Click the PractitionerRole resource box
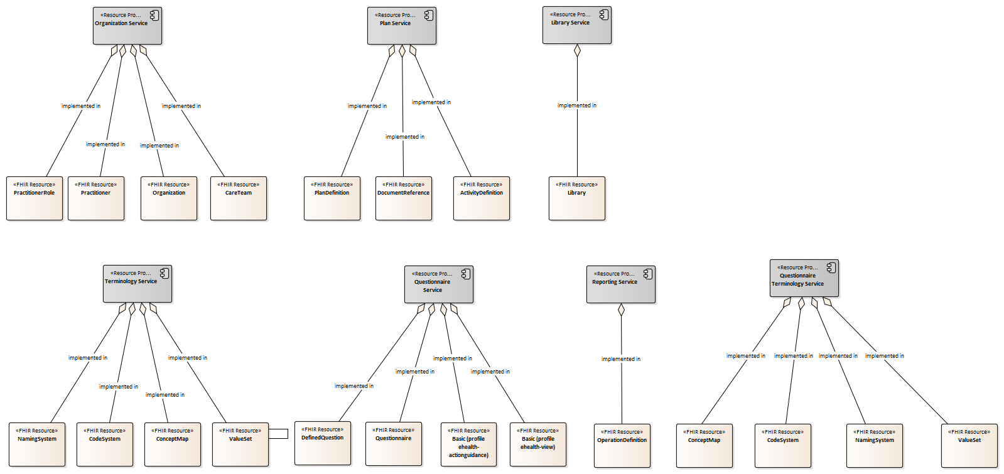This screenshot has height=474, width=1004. [x=35, y=198]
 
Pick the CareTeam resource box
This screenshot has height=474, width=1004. [x=239, y=198]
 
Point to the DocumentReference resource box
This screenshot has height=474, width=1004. [x=404, y=198]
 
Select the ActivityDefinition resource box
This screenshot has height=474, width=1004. [x=482, y=198]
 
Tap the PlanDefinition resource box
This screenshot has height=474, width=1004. [x=332, y=198]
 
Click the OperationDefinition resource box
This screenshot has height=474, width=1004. [x=622, y=446]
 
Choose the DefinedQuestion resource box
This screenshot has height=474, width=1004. [x=323, y=443]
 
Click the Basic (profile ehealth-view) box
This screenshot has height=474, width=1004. [x=538, y=444]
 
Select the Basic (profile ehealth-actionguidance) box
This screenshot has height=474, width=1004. [x=469, y=444]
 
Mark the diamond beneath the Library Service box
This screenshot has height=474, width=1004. [x=577, y=50]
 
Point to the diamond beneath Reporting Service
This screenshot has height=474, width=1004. [x=621, y=310]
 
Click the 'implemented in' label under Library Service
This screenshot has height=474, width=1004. [x=577, y=105]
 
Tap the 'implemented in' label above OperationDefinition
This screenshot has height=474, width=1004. [x=621, y=359]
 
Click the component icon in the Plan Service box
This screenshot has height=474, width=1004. [x=428, y=15]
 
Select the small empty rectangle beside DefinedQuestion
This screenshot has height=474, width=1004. [x=278, y=433]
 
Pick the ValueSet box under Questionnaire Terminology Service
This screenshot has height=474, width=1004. [x=969, y=446]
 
